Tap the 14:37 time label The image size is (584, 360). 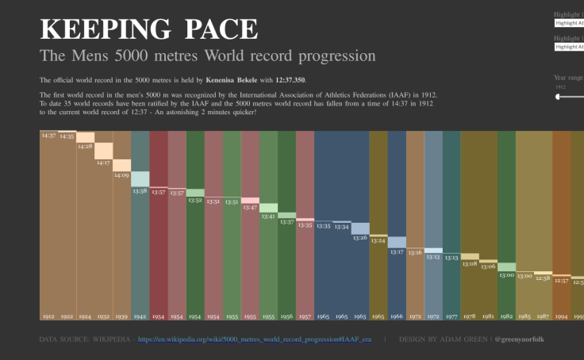click(49, 136)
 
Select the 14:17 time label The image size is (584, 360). click(104, 163)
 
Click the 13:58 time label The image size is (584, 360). click(140, 190)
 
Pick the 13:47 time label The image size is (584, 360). click(250, 207)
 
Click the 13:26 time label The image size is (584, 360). click(360, 238)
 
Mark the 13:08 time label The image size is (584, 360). click(470, 263)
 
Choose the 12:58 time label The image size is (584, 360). click(543, 278)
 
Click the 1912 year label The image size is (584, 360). click(49, 316)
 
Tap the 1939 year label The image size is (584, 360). click(122, 316)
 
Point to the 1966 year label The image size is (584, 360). click(397, 316)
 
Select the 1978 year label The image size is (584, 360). click(470, 316)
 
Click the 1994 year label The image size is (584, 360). click(561, 316)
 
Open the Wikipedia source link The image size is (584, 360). click(254, 339)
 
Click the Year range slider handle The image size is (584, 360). click(559, 97)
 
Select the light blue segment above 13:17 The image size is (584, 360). click(397, 242)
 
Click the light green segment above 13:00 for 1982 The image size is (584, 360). click(506, 267)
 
